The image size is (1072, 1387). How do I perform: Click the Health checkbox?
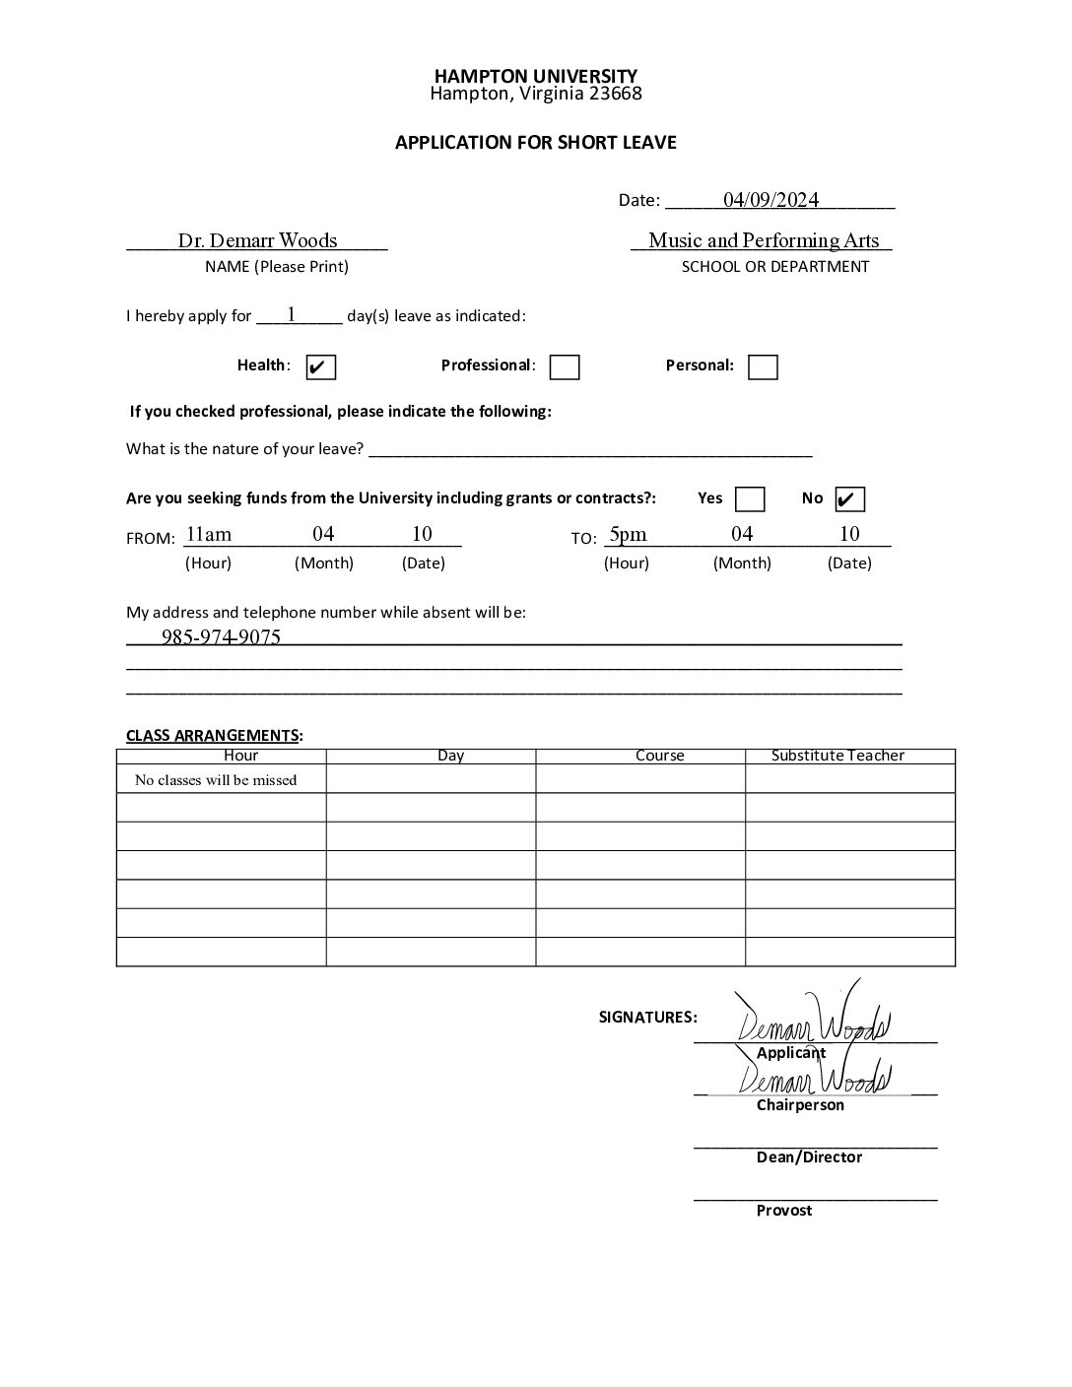(321, 367)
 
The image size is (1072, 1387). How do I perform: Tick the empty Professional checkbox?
(565, 367)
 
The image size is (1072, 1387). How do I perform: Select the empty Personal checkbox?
(763, 367)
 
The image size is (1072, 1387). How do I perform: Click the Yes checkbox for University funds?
(750, 499)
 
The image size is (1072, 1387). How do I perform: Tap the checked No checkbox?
(849, 499)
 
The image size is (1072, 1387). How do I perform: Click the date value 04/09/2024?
(770, 200)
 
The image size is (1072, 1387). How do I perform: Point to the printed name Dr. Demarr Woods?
(257, 240)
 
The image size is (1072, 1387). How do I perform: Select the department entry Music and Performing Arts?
(764, 240)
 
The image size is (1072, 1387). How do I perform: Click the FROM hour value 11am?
(209, 534)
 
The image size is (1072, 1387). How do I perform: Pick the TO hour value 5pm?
(628, 534)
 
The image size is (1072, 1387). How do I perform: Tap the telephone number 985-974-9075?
(221, 637)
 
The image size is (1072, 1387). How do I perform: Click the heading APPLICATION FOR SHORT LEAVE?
(536, 143)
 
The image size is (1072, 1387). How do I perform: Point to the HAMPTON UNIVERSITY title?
(536, 76)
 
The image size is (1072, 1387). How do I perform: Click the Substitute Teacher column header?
(837, 756)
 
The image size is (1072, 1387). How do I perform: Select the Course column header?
(659, 756)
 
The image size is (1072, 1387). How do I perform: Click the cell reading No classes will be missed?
(216, 780)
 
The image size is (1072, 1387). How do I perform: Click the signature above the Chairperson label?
(815, 1077)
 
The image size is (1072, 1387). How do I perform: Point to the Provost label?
(784, 1211)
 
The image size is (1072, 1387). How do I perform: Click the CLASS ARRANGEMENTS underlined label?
(212, 736)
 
